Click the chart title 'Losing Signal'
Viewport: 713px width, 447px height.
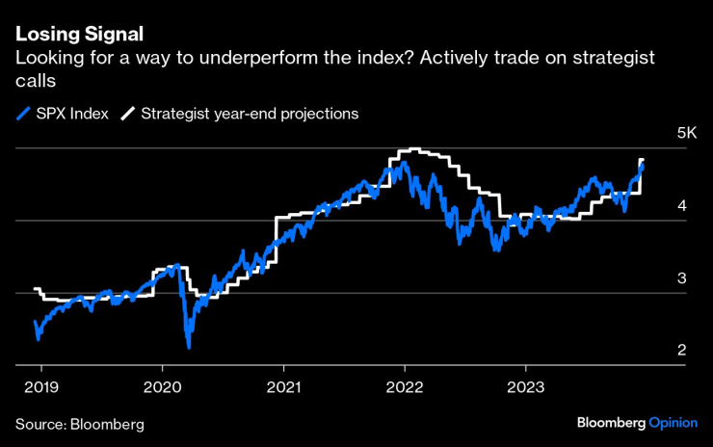(x=79, y=34)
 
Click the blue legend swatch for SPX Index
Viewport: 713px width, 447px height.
(x=24, y=114)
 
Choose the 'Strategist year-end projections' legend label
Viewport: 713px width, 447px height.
(x=250, y=114)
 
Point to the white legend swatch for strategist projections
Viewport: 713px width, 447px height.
(x=127, y=114)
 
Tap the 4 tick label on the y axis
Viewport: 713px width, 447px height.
(x=680, y=205)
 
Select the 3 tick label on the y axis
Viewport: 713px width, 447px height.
(x=680, y=277)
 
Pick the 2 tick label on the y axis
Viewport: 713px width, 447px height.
(x=680, y=350)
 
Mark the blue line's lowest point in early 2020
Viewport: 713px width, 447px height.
(x=188, y=346)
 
